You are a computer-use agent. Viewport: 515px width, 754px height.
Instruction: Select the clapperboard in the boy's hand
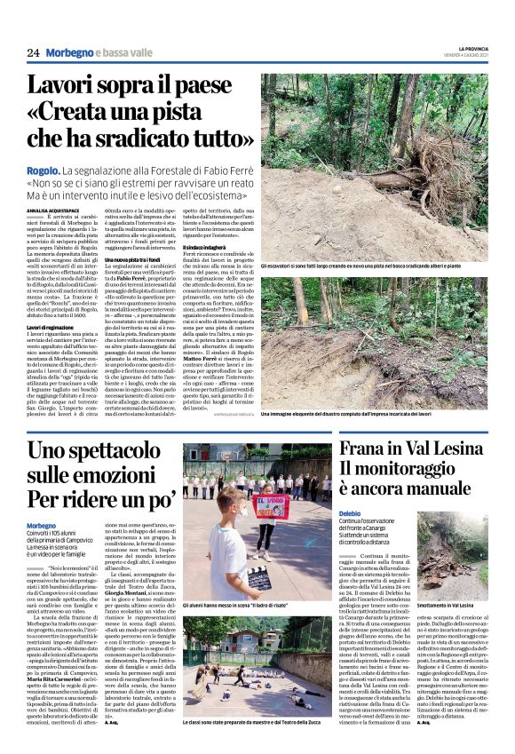(258, 578)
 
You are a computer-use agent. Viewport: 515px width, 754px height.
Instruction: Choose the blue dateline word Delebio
(350, 513)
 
